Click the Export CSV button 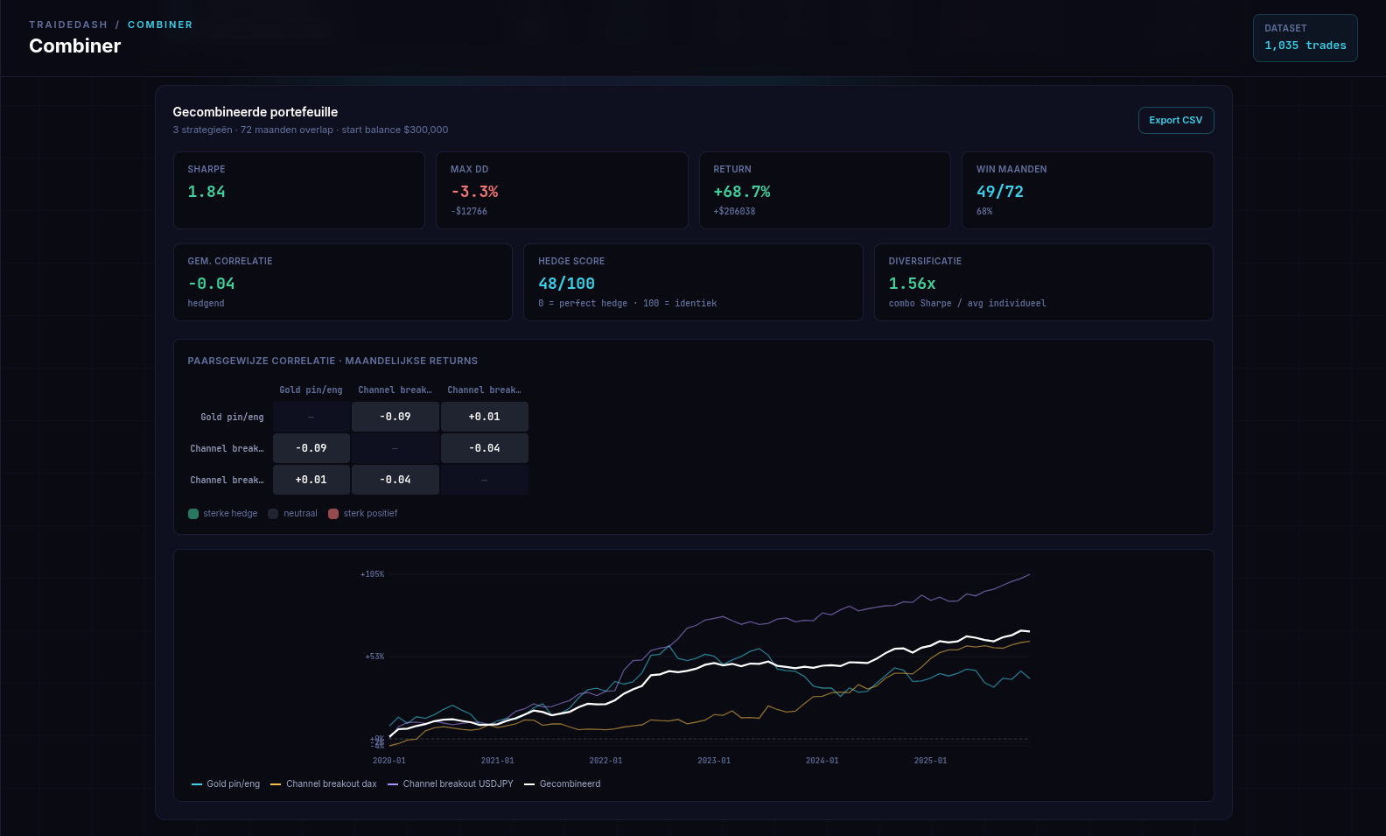pyautogui.click(x=1175, y=121)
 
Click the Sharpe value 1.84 pyautogui.click(x=206, y=192)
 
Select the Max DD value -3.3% pyautogui.click(x=474, y=192)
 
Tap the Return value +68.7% pyautogui.click(x=741, y=192)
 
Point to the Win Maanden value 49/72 pyautogui.click(x=999, y=192)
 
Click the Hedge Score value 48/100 pyautogui.click(x=566, y=284)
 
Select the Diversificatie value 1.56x pyautogui.click(x=912, y=284)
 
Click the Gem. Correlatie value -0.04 pyautogui.click(x=211, y=284)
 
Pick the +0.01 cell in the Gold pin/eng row pyautogui.click(x=484, y=417)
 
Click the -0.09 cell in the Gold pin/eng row pyautogui.click(x=395, y=417)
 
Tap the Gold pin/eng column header pyautogui.click(x=311, y=390)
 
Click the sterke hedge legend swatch pyautogui.click(x=193, y=514)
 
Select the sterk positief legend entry pyautogui.click(x=363, y=514)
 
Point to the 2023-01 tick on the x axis pyautogui.click(x=714, y=761)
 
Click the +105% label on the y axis pyautogui.click(x=372, y=574)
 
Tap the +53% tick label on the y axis pyautogui.click(x=374, y=657)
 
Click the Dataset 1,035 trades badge pyautogui.click(x=1305, y=38)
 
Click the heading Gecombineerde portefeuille pyautogui.click(x=255, y=112)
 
